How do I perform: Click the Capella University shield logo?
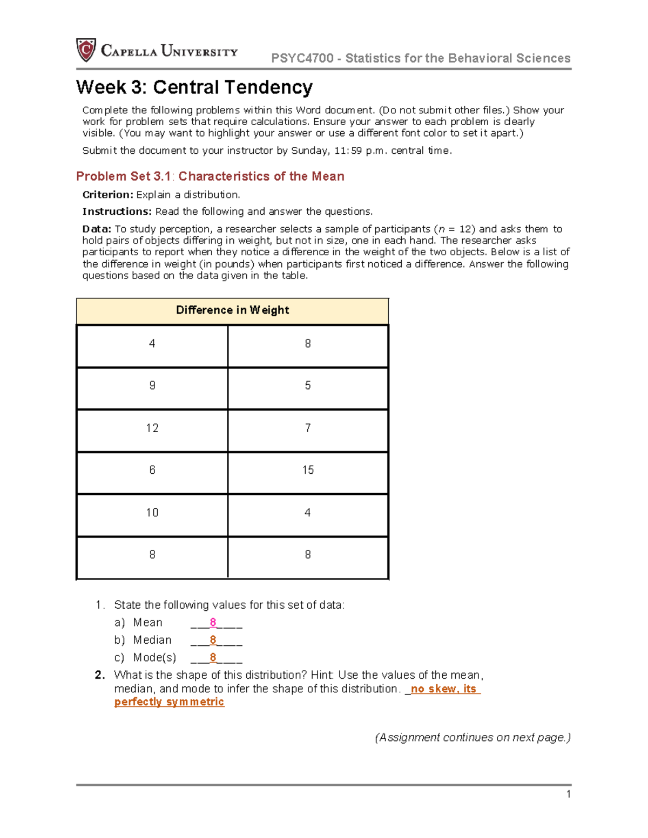click(x=86, y=50)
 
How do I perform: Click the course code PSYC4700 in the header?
click(x=302, y=58)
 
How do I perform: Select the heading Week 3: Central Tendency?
click(x=194, y=87)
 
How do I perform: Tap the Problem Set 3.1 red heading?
click(x=210, y=176)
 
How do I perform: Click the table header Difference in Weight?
click(x=232, y=310)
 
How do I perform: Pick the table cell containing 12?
click(x=152, y=428)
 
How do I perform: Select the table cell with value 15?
click(x=308, y=471)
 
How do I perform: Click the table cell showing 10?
click(x=152, y=513)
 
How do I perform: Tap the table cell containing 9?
click(x=152, y=386)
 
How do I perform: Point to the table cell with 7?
click(x=308, y=428)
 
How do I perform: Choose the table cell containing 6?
click(x=152, y=471)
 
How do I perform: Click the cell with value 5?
click(x=308, y=386)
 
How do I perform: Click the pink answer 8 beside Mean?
click(x=213, y=623)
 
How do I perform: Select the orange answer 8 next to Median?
click(x=213, y=640)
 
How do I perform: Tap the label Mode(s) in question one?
click(x=154, y=658)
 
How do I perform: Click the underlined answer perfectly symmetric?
click(x=169, y=702)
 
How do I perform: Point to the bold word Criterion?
click(x=107, y=195)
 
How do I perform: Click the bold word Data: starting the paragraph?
click(x=97, y=229)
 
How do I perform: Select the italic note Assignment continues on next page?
click(x=473, y=738)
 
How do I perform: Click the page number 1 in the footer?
click(x=568, y=794)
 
